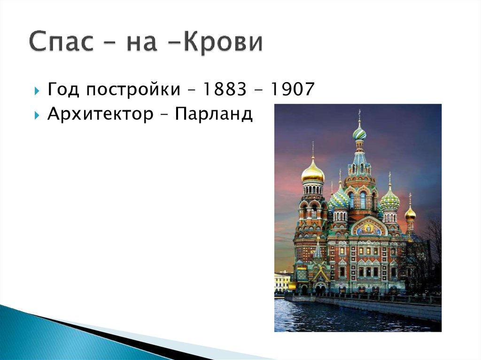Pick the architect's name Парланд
[x=214, y=114]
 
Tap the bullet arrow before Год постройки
[x=37, y=90]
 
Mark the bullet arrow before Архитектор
[x=37, y=115]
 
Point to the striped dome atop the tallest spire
[x=359, y=133]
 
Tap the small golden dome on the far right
[x=410, y=214]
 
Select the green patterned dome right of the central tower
[x=389, y=202]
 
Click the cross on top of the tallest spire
[x=359, y=114]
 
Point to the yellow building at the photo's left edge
[x=282, y=282]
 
